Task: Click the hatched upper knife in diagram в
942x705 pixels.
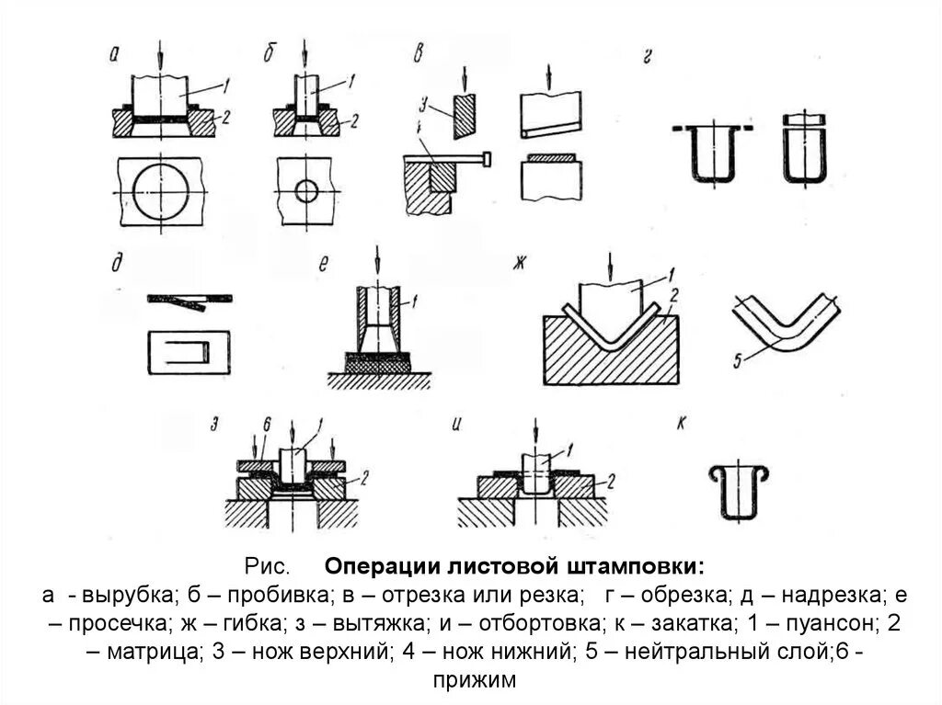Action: click(x=465, y=117)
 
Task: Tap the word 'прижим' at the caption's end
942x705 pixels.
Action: click(x=471, y=681)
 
